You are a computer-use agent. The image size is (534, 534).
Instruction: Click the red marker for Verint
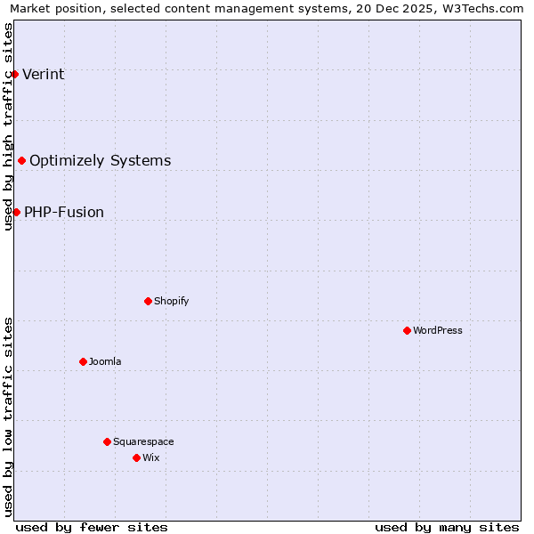pos(15,74)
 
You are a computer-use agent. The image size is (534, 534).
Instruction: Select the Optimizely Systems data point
pos(22,160)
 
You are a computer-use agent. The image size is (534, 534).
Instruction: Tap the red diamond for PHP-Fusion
pos(16,212)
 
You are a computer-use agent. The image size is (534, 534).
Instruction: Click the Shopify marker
pos(148,301)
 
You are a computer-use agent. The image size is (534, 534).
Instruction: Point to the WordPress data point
pos(407,330)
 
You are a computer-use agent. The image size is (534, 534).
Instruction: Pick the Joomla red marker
pos(83,361)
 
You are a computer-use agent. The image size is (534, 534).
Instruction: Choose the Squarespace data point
pos(107,441)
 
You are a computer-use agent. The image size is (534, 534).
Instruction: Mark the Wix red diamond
pos(136,457)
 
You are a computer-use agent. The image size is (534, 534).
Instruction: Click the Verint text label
pos(44,74)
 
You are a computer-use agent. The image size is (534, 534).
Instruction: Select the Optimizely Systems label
pos(101,160)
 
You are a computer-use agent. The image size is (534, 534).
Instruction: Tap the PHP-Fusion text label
pos(64,212)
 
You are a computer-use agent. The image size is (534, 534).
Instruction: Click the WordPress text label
pos(438,330)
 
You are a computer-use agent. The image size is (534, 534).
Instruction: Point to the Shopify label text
pos(172,301)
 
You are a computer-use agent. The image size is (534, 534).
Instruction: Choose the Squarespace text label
pos(143,441)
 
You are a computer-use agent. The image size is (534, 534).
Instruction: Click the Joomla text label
pos(105,361)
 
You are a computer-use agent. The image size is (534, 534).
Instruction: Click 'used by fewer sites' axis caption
pos(92,527)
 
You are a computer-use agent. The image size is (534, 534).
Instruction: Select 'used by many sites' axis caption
pos(447,527)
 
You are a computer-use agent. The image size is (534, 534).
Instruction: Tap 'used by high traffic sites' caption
pos(8,126)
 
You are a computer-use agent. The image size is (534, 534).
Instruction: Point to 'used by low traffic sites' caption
pos(8,417)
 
